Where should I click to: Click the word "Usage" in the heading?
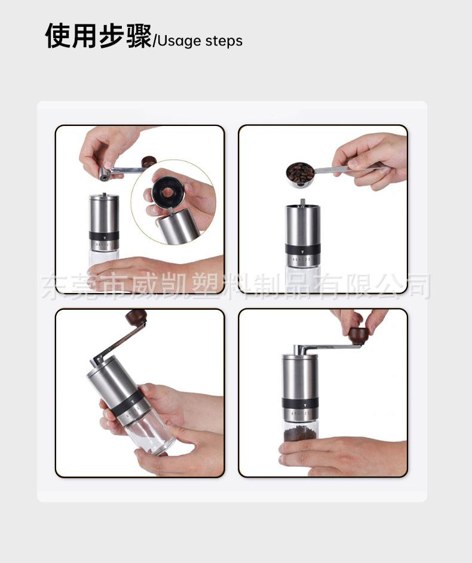click(179, 41)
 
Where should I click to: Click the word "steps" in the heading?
click(224, 41)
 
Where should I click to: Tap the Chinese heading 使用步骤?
click(99, 36)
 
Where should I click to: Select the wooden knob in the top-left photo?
click(149, 162)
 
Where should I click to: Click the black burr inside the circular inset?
click(167, 192)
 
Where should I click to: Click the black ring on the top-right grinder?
click(303, 249)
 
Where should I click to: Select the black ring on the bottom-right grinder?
click(300, 402)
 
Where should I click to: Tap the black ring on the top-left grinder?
click(104, 236)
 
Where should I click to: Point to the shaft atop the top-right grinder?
click(302, 202)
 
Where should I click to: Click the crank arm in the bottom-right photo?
click(326, 347)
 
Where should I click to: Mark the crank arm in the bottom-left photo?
click(119, 343)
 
